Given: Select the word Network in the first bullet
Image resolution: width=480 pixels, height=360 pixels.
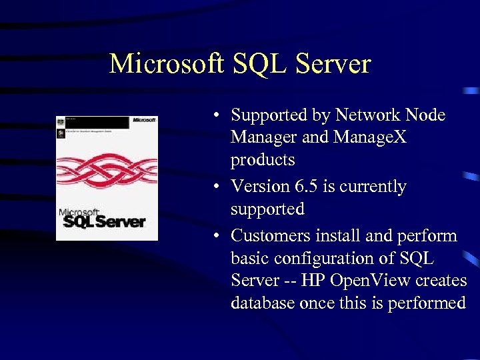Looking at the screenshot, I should [369, 115].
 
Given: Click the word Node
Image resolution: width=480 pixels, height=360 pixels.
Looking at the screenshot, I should [426, 115].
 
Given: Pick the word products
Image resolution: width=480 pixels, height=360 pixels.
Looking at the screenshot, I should [263, 161].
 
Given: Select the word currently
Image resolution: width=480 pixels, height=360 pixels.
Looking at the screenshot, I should [373, 187].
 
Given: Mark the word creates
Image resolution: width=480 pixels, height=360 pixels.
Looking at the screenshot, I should [439, 281].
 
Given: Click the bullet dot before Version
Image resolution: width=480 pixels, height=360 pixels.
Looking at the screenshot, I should [218, 187].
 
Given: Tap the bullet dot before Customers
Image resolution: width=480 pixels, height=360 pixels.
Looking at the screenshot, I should [218, 236].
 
